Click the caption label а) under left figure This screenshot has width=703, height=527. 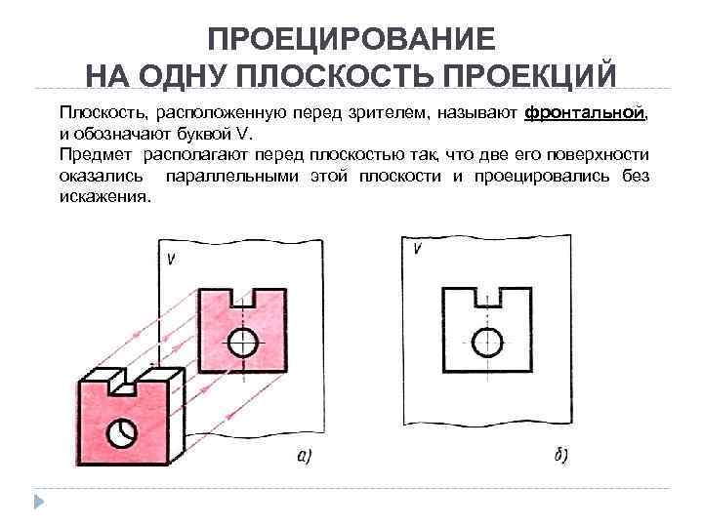(304, 456)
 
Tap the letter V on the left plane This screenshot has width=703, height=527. (172, 259)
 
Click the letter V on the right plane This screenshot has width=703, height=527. (418, 249)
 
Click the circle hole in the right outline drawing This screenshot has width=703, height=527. (486, 341)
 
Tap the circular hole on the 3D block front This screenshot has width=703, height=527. (123, 429)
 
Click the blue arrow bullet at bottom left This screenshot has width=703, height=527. (40, 502)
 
